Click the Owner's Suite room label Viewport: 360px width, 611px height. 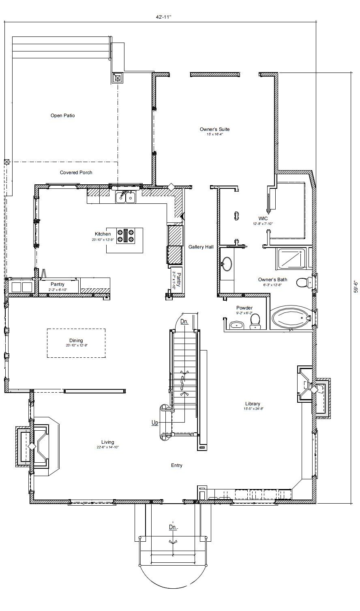(x=214, y=129)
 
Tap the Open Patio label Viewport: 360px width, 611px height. (x=62, y=115)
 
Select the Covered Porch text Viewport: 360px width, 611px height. (x=76, y=172)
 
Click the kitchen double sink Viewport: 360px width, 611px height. (x=126, y=197)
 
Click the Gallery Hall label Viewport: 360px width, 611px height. (x=201, y=247)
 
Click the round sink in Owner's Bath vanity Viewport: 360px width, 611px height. (x=227, y=264)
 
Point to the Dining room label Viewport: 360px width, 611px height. (x=76, y=340)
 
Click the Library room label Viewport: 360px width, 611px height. (x=253, y=404)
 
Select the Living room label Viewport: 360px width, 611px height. (x=108, y=442)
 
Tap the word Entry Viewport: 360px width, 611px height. (x=176, y=465)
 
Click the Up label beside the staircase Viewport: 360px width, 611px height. (x=154, y=423)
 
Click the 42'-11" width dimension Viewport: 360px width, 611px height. (x=164, y=17)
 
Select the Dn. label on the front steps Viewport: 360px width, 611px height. (x=173, y=527)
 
